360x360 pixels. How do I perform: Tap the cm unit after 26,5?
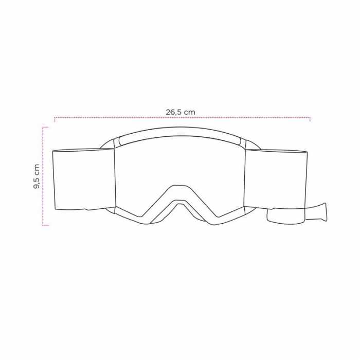190,112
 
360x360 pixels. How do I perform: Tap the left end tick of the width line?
55,119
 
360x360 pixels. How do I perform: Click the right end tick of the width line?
310,119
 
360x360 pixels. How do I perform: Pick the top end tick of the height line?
45,127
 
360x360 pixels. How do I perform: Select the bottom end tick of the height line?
45,225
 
